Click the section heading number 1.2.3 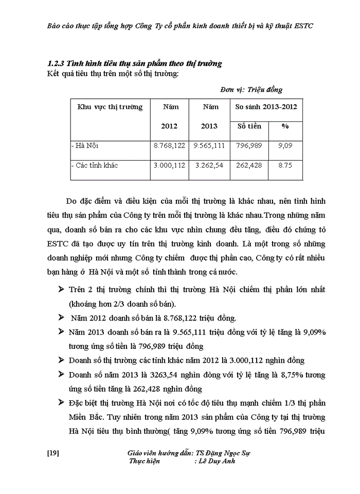pos(54,64)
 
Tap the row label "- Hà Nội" pos(85,146)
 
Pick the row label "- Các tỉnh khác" pos(95,165)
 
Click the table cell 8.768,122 pos(169,146)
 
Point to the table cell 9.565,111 pos(209,146)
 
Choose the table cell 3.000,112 pos(169,165)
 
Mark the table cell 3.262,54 pos(209,165)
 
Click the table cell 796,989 pos(249,146)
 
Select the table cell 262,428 pos(249,165)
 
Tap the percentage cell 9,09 pos(285,146)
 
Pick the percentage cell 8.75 pos(285,165)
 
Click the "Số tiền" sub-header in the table pos(249,126)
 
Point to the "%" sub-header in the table pos(285,126)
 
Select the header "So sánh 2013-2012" pos(266,107)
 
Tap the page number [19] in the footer pos(53,453)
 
